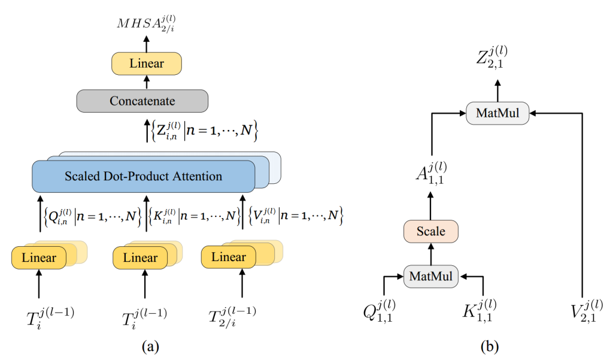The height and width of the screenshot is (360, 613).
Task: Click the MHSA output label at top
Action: pos(145,25)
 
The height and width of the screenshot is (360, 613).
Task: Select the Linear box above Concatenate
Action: pos(146,63)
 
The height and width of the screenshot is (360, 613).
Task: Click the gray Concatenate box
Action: pos(142,101)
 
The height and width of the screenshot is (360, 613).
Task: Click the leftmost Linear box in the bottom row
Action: pos(39,258)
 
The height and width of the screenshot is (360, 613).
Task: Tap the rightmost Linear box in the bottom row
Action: pos(229,258)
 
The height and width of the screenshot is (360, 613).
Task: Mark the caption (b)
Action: pos(489,346)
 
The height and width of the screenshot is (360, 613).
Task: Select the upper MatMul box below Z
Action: pos(497,113)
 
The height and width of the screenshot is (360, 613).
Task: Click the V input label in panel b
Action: pos(585,310)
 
